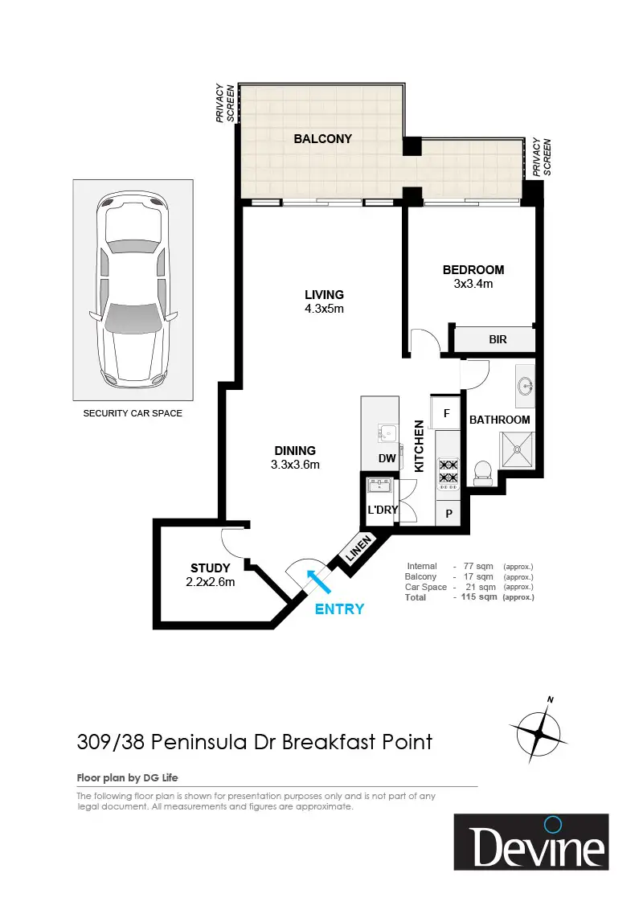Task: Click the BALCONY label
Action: click(x=322, y=139)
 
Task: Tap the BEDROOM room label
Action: click(x=473, y=270)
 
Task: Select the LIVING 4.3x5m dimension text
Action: click(x=325, y=309)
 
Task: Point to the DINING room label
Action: click(x=295, y=451)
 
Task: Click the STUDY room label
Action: click(x=210, y=568)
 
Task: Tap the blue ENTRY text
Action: click(x=339, y=609)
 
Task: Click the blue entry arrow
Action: click(x=318, y=581)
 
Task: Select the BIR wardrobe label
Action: click(x=498, y=339)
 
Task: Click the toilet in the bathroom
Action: click(x=483, y=473)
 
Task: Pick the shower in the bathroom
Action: click(x=517, y=450)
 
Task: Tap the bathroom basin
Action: click(x=525, y=384)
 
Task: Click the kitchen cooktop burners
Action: click(x=448, y=471)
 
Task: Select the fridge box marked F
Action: click(x=446, y=413)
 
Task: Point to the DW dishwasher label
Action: click(x=387, y=458)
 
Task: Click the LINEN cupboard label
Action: click(x=358, y=548)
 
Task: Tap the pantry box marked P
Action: click(x=448, y=514)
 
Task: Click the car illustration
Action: click(x=133, y=290)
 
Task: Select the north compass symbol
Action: click(x=539, y=732)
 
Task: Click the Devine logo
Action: click(x=531, y=842)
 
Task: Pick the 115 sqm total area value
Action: click(x=479, y=596)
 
